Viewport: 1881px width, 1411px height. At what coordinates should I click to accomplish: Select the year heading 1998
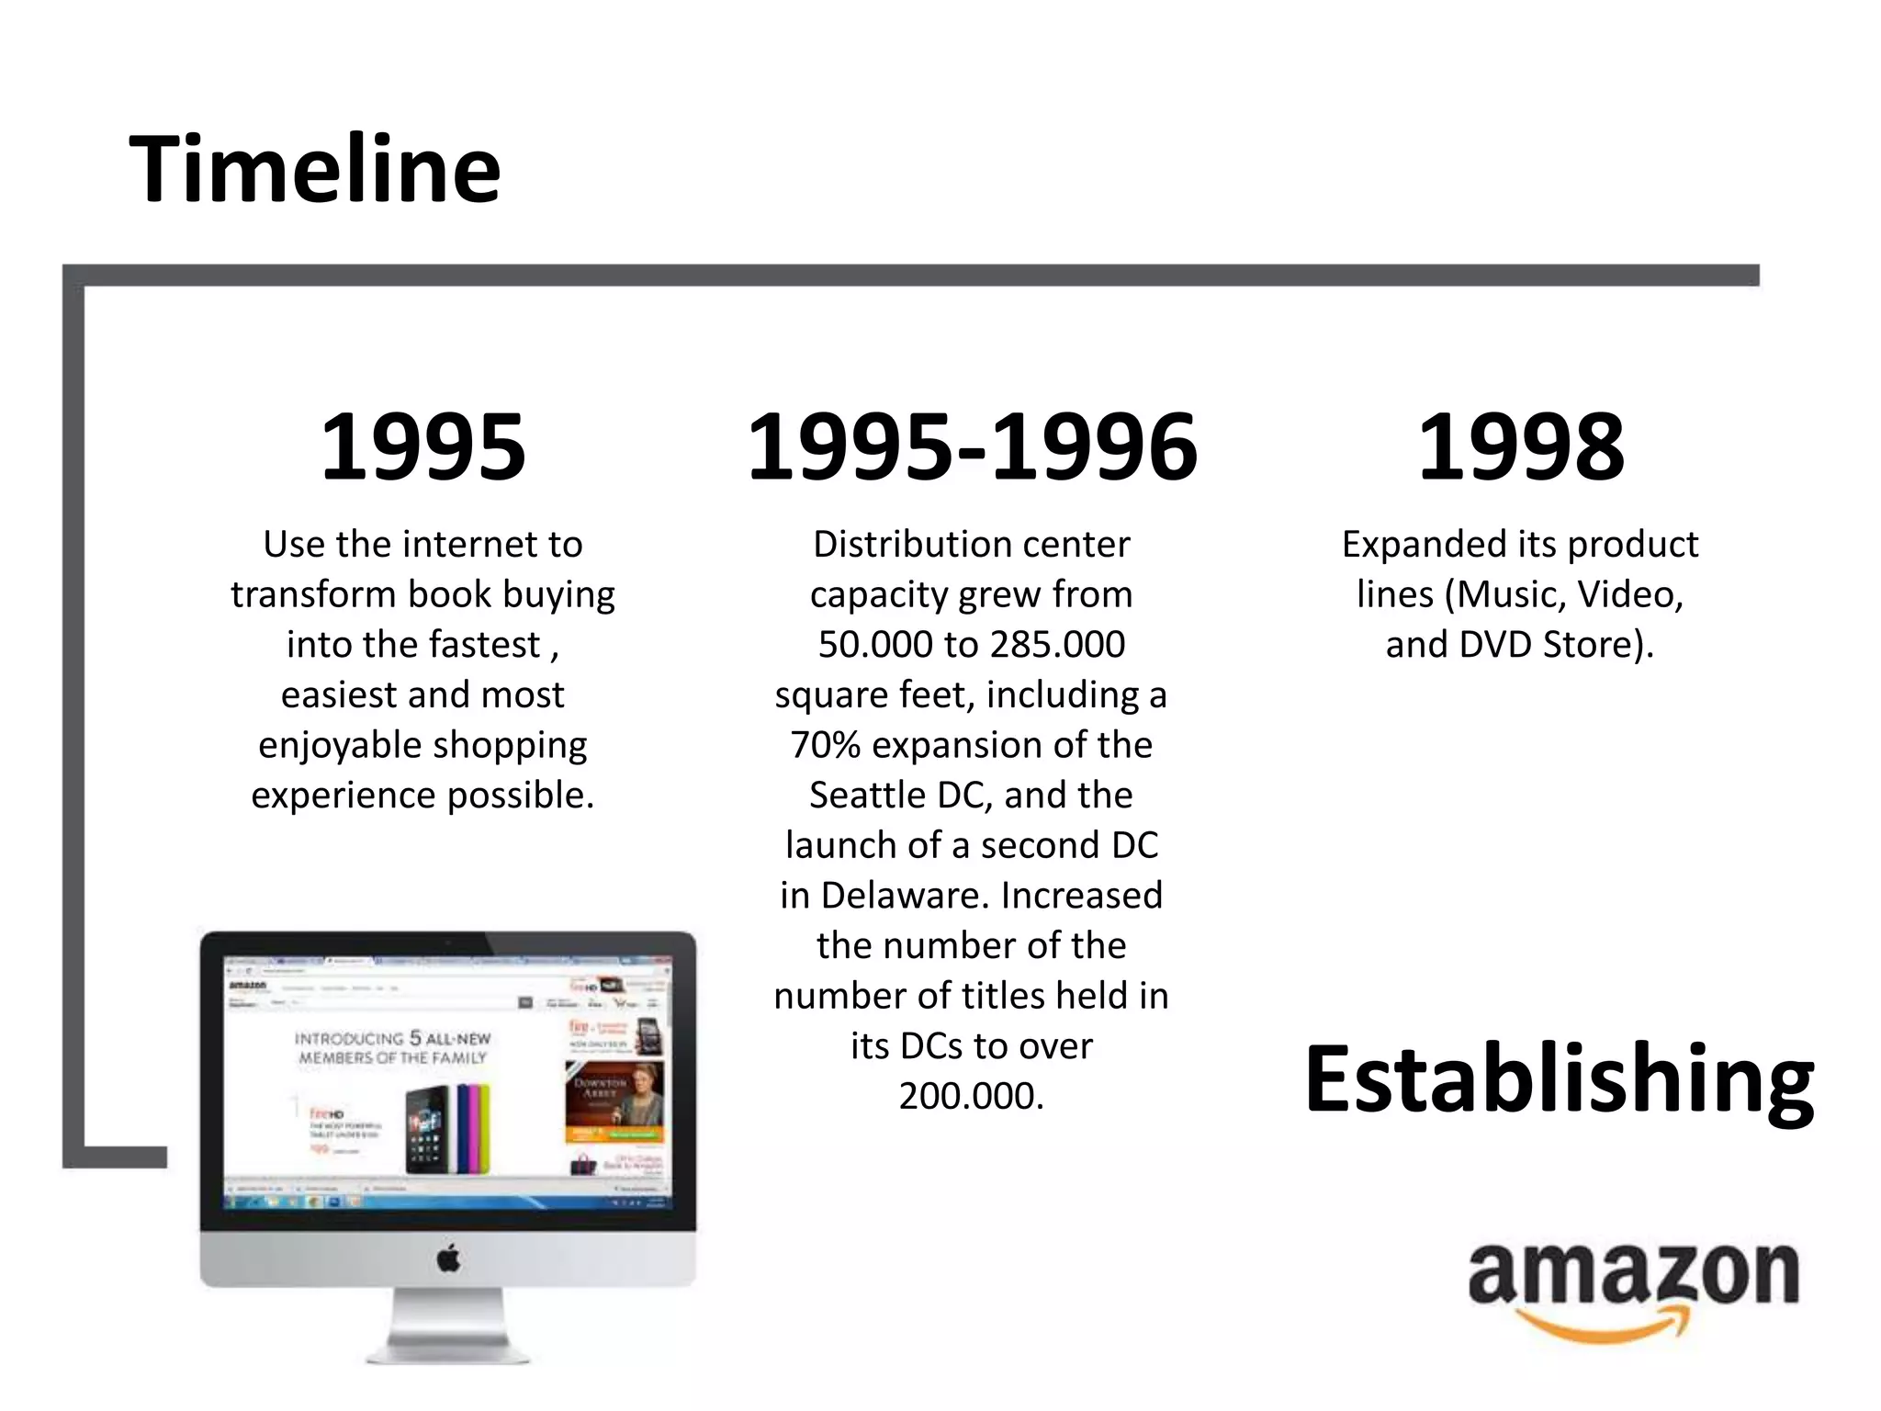[1520, 447]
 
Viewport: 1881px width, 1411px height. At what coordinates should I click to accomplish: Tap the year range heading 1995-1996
[972, 447]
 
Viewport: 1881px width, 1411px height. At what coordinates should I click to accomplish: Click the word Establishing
[1559, 1080]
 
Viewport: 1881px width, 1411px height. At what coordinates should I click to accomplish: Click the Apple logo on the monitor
[448, 1259]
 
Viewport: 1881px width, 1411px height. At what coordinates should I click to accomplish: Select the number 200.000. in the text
[972, 1096]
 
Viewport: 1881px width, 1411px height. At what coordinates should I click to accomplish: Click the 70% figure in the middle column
[826, 745]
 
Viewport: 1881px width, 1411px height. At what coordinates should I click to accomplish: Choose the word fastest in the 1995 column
[492, 645]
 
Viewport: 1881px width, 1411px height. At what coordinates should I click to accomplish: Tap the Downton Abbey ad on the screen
[614, 1102]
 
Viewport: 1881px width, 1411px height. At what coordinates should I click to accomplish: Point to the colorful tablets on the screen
[450, 1130]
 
